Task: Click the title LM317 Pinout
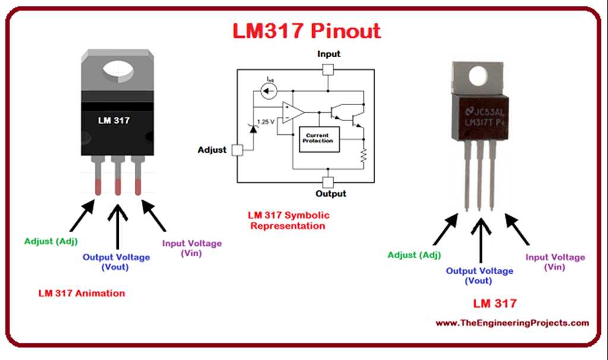306,30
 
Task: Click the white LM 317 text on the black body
114,120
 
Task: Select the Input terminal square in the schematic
328,69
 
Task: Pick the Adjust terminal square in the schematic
237,150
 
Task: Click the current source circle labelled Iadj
269,91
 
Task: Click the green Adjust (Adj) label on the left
51,241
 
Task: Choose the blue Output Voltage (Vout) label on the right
479,276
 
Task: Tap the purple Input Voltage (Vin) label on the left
192,248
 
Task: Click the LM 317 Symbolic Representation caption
289,220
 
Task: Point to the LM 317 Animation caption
82,293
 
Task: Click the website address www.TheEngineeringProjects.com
512,323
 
